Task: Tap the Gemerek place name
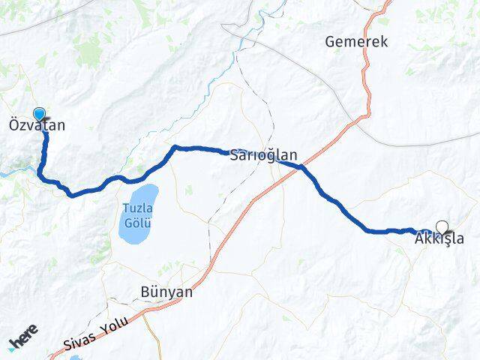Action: tap(357, 42)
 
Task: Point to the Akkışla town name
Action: tap(439, 240)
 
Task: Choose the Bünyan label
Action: tap(166, 292)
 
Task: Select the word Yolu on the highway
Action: tap(112, 325)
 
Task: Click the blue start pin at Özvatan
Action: tap(39, 114)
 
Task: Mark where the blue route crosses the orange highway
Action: tap(301, 166)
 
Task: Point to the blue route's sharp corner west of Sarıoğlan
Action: tap(175, 147)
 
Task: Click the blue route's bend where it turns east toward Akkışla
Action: tap(369, 230)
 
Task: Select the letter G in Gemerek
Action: tap(331, 42)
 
